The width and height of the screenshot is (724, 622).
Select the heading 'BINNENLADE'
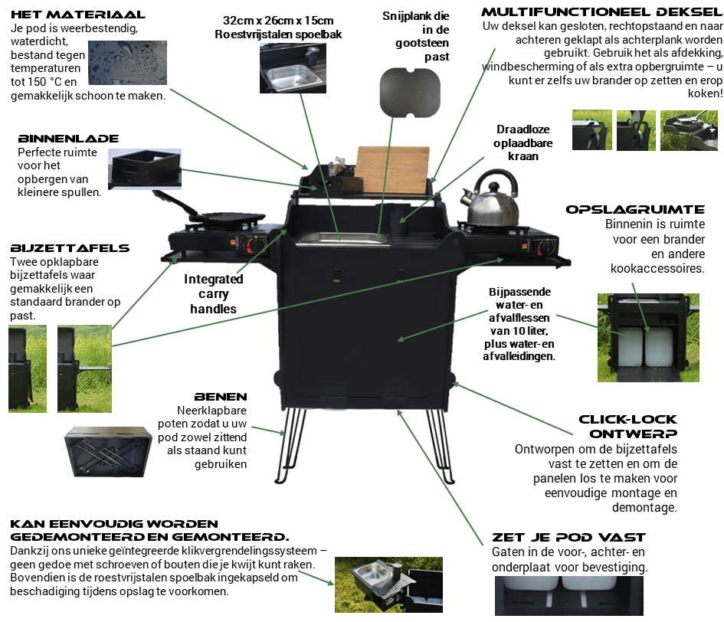68,139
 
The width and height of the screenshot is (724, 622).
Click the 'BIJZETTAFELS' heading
70,248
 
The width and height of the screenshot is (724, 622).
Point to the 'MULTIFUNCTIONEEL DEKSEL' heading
601,12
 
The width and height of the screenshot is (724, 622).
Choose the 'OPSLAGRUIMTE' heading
635,209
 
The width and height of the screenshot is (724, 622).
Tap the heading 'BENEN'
221,397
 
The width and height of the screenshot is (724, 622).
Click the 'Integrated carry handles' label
214,293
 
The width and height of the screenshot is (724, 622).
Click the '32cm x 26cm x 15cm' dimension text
278,19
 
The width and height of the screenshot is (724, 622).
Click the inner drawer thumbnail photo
143,158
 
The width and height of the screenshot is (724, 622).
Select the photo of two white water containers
647,338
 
